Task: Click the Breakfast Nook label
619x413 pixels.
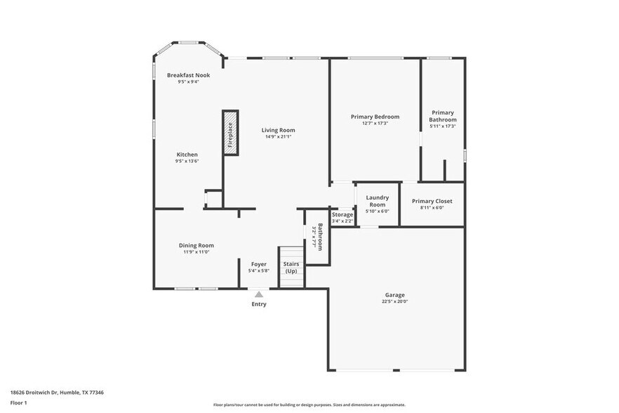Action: (187, 75)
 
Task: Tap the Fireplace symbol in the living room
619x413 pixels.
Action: (230, 132)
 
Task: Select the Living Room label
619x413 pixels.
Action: (279, 130)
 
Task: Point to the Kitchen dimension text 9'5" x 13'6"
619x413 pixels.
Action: (187, 162)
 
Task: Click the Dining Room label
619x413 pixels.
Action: (196, 245)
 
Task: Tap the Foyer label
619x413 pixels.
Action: (258, 264)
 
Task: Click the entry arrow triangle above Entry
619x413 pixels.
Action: (259, 294)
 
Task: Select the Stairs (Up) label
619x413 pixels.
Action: (291, 268)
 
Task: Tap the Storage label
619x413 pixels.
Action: (342, 214)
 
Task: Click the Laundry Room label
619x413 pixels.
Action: (378, 202)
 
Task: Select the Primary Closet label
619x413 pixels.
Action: (432, 201)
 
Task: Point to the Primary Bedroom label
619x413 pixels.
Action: (375, 117)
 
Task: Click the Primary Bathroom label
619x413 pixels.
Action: (443, 116)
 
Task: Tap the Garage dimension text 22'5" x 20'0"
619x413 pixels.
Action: (394, 301)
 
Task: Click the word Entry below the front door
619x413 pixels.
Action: (259, 304)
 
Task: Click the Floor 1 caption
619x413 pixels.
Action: (18, 402)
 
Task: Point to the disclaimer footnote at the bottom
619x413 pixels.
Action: (309, 405)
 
